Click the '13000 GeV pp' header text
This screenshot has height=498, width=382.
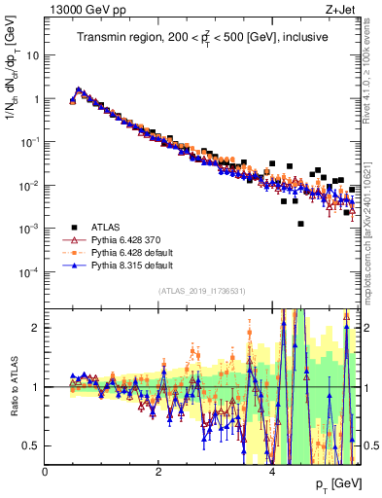pos(80,9)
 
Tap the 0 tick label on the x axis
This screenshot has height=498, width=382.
pos(46,472)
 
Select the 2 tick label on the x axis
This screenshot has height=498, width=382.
pos(158,472)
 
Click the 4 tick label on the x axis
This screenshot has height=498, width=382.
pos(272,472)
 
